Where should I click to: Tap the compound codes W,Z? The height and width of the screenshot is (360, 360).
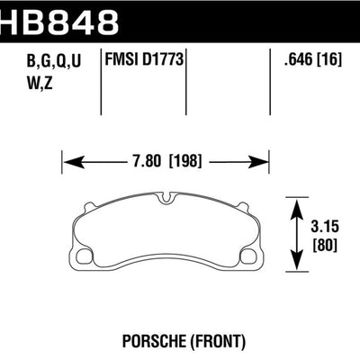coord(27,82)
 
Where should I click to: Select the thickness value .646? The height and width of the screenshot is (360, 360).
coord(295,61)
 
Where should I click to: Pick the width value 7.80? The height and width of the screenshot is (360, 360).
coord(147,165)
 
